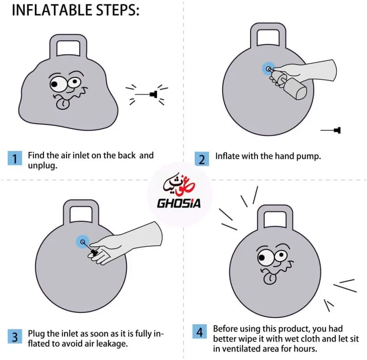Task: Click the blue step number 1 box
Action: coord(15,158)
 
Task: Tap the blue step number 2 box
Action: coord(202,159)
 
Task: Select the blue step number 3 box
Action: coord(15,336)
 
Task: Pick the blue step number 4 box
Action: coord(200,332)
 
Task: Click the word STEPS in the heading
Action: coord(118,10)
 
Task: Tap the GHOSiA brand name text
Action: coord(179,203)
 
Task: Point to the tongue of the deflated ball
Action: coord(63,104)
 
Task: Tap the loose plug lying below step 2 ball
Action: coord(331,130)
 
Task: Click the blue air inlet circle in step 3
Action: coord(83,241)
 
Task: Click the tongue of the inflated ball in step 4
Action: coord(270,279)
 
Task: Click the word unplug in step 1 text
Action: coord(43,166)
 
